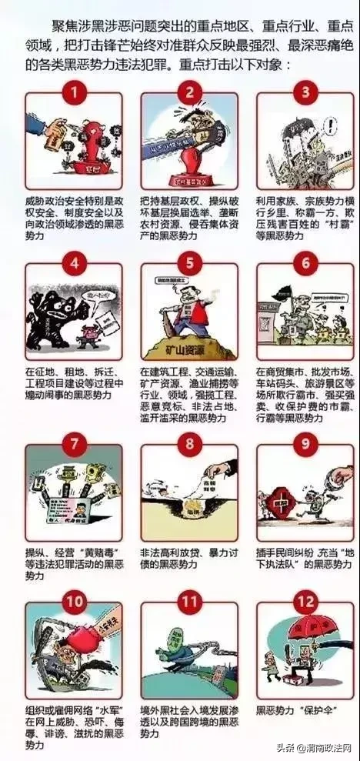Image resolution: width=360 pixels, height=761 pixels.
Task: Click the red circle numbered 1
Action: [73, 94]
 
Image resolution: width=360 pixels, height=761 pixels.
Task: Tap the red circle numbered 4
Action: [73, 264]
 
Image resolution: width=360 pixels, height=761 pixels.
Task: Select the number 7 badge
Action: [73, 443]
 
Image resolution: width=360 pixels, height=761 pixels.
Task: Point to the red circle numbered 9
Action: [305, 443]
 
